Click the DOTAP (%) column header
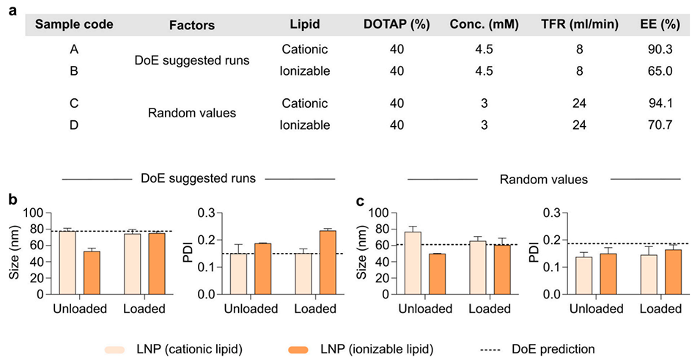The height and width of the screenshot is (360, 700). coord(397,24)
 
